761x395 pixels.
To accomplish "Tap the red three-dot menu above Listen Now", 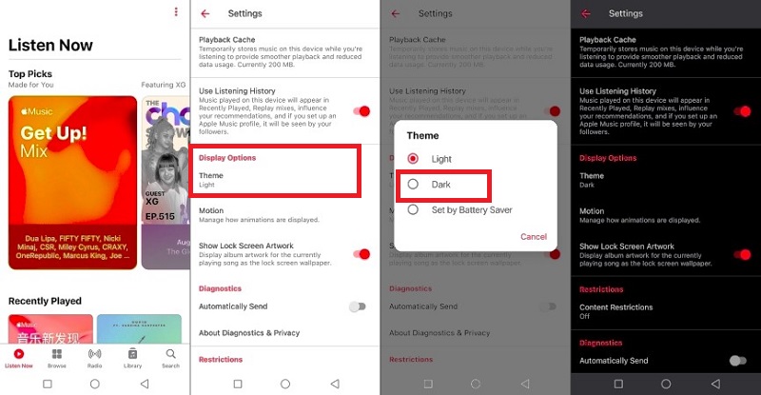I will click(x=176, y=12).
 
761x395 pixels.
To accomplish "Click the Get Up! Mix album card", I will click(x=72, y=181).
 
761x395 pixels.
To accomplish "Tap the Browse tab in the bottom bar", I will click(x=57, y=358).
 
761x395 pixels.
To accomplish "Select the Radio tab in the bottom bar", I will click(x=94, y=358).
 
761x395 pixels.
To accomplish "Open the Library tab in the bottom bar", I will click(x=132, y=358).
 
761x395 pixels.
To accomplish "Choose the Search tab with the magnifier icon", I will click(x=170, y=358).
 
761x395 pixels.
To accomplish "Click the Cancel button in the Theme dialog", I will click(x=533, y=237).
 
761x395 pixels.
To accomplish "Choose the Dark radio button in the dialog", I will click(x=413, y=184).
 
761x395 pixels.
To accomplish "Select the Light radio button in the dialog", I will click(x=413, y=158).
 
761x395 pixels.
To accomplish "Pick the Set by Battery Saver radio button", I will click(x=413, y=209).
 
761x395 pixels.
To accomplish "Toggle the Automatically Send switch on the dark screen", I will click(x=736, y=361).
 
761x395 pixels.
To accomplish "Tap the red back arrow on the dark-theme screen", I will click(x=586, y=14).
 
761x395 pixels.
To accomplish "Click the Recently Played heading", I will click(x=45, y=301).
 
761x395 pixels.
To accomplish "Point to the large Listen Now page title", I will click(x=50, y=45).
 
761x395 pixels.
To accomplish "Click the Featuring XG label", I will click(x=165, y=85).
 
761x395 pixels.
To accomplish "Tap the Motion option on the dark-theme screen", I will click(x=592, y=211).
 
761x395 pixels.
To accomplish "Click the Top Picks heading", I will click(x=30, y=73).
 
